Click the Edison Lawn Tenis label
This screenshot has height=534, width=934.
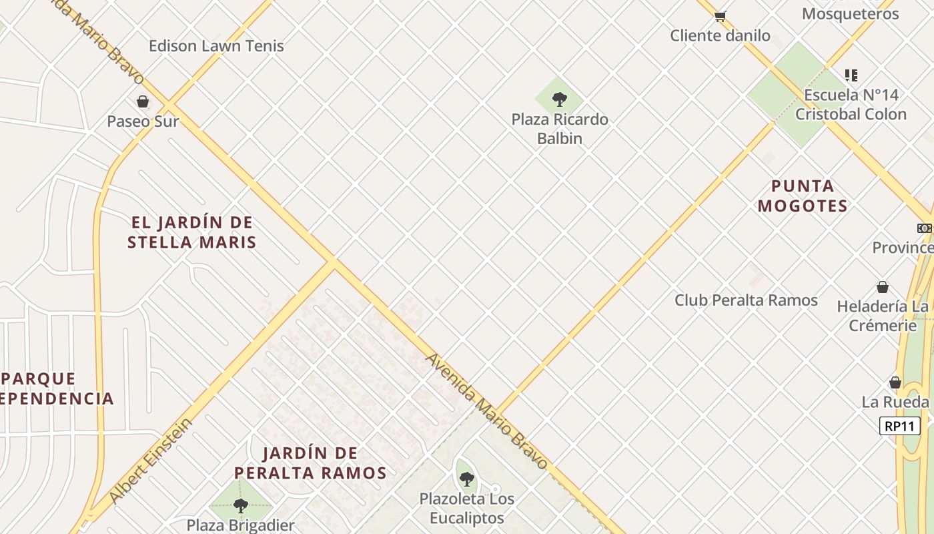point(216,46)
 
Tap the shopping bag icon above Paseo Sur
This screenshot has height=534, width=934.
point(142,101)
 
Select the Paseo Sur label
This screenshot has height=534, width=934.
point(143,121)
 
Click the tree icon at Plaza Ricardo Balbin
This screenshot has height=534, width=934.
point(560,99)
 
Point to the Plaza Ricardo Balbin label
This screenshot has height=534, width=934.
point(560,129)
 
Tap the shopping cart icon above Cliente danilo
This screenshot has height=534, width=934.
point(720,16)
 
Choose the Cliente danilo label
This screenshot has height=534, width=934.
point(720,35)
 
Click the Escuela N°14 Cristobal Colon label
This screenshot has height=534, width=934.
point(851,105)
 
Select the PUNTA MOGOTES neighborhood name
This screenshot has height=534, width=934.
point(803,196)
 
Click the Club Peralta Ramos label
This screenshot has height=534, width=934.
point(746,300)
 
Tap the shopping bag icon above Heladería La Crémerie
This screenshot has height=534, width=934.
point(882,288)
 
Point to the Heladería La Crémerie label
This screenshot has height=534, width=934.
point(883,316)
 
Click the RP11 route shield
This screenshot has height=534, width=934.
point(899,426)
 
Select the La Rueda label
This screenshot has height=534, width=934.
point(895,402)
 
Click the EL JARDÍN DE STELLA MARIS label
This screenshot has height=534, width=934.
point(192,232)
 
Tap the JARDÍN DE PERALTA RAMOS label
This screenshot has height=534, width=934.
point(311,463)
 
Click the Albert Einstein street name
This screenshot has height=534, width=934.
point(151,461)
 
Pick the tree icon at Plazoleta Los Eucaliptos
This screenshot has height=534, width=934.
point(467,479)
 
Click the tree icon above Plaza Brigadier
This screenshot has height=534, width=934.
point(240,505)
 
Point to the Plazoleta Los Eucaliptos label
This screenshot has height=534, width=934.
point(467,508)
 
